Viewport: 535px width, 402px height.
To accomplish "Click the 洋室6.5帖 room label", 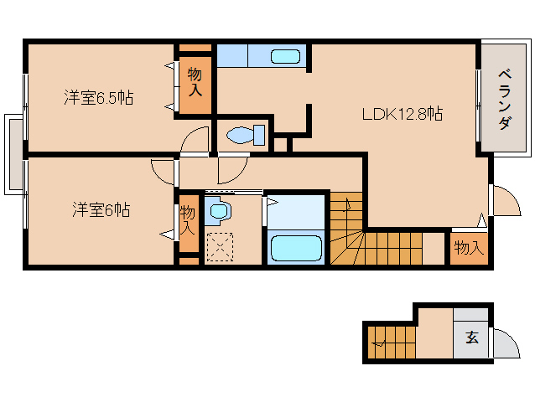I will point(99,98).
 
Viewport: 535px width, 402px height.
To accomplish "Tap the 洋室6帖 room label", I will point(99,209).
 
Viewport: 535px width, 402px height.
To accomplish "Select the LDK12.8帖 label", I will point(402,115).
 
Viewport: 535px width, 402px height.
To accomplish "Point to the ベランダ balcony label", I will point(504,98).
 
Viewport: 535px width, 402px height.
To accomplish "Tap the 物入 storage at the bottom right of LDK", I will point(468,248).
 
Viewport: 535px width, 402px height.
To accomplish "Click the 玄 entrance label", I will point(471,338).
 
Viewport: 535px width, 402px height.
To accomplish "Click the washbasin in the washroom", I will point(220,212).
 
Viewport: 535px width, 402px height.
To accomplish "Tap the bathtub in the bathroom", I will point(295,248).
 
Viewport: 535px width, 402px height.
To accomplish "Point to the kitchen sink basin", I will point(285,56).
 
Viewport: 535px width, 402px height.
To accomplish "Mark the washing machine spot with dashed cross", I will point(221,247).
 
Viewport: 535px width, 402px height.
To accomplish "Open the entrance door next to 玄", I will point(505,343).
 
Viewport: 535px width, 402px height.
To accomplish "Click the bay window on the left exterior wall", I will point(14,154).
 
